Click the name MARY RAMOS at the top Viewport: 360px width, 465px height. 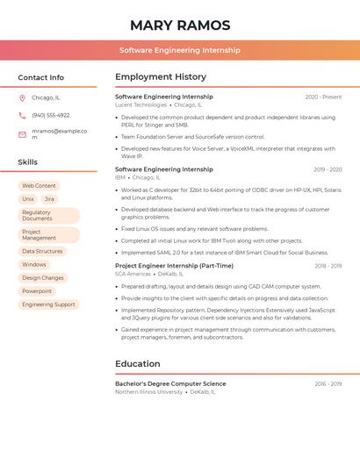tap(180, 25)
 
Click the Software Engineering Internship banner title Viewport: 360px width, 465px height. tap(180, 50)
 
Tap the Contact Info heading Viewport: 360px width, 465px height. tap(41, 77)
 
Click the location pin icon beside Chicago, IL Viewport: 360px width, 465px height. tap(22, 98)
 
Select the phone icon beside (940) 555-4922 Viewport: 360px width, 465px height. tap(22, 115)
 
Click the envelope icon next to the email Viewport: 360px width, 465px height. tap(22, 134)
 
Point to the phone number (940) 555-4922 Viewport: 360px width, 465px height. tap(50, 115)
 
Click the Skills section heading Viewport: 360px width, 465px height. tap(28, 162)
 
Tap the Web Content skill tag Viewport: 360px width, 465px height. tap(39, 186)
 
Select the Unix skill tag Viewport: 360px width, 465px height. tap(28, 199)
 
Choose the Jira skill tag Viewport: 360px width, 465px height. tap(49, 199)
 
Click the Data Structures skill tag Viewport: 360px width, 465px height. tap(42, 251)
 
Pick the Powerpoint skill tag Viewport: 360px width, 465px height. tap(37, 290)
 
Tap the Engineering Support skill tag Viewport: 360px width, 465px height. tap(48, 304)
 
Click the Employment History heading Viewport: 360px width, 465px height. tap(161, 77)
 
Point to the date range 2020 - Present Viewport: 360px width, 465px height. tap(323, 97)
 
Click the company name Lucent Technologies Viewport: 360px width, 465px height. tap(140, 104)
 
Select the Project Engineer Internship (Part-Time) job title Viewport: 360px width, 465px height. tap(174, 266)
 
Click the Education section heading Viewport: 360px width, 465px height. tap(138, 364)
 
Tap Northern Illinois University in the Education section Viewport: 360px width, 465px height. tap(148, 391)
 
